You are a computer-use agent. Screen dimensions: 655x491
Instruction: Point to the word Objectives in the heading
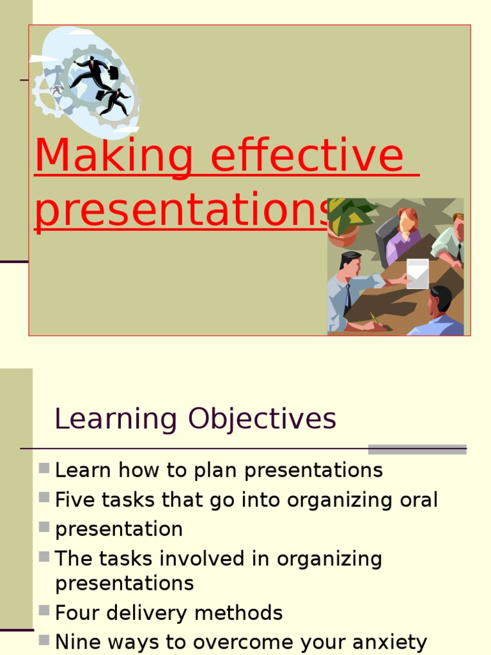click(261, 420)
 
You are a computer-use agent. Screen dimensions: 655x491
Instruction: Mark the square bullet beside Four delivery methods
click(44, 611)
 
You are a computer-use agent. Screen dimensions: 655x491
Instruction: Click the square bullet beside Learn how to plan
click(44, 468)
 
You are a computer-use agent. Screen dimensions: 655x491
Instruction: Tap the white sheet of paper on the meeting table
click(417, 273)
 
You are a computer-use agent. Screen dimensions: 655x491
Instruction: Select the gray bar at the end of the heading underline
click(417, 449)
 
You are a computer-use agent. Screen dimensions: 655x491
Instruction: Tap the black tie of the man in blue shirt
click(348, 298)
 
